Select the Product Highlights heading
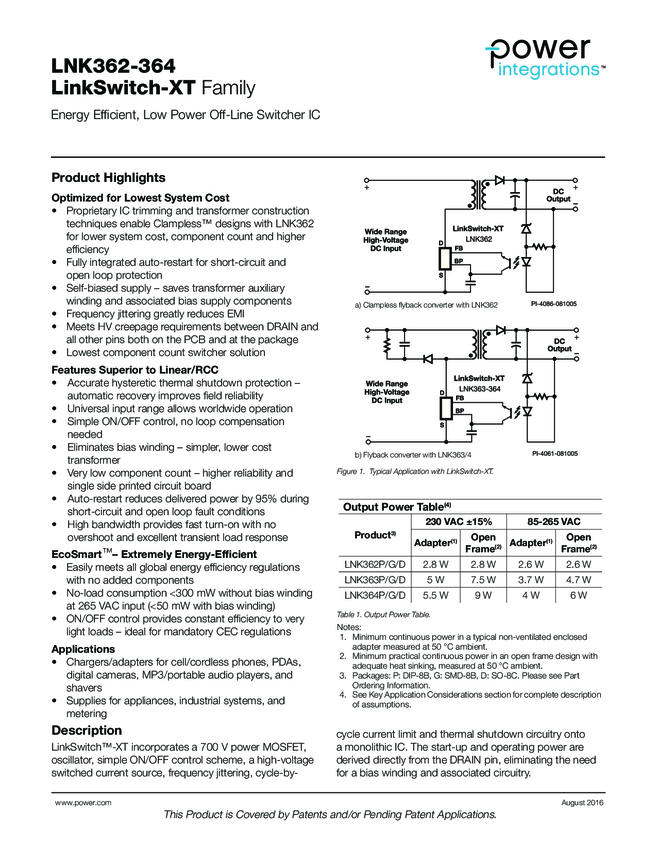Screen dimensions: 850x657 (x=108, y=178)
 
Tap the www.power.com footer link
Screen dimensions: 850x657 (x=82, y=802)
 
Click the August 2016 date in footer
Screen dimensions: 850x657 (x=582, y=802)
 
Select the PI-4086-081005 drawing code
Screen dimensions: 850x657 (x=554, y=303)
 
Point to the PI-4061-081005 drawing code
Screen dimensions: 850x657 (x=554, y=454)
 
